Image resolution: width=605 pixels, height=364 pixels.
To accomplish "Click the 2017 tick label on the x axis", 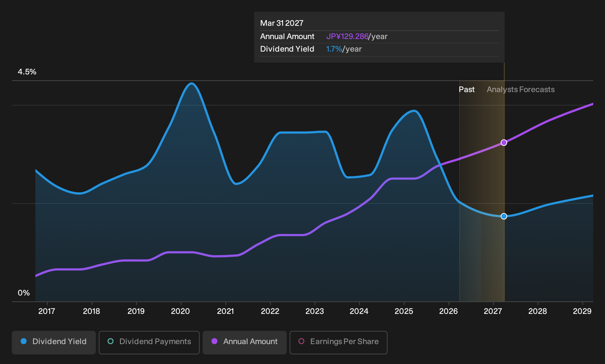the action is tap(46, 311).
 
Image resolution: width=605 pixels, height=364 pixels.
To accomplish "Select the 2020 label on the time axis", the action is tap(181, 311).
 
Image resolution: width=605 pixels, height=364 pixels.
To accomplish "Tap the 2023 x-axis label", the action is tap(314, 311).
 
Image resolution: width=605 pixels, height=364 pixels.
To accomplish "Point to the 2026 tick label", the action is tap(448, 311).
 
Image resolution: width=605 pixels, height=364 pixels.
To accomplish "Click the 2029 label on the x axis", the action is tap(582, 311).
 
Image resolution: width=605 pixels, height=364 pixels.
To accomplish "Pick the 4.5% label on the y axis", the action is tap(27, 72).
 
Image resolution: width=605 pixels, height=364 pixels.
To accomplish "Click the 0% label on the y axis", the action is tap(24, 293).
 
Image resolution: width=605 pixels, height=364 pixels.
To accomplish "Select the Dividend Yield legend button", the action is tap(54, 342).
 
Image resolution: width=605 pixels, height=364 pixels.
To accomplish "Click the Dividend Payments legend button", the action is tap(149, 342).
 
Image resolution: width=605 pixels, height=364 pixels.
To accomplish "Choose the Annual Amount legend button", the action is tap(244, 342).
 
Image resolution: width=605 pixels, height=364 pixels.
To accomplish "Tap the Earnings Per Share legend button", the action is tap(338, 342).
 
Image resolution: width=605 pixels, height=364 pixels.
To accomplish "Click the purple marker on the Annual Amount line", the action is tap(504, 143).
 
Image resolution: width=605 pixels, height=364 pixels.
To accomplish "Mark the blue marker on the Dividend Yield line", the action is tap(504, 216).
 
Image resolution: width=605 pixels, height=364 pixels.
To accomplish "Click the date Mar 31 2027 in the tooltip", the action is tap(282, 23).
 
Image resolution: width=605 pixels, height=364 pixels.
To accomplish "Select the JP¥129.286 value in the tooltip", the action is tap(347, 36).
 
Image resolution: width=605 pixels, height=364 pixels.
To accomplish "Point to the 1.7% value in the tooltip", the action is tap(334, 49).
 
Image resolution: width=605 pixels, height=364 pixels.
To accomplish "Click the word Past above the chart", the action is tap(466, 90).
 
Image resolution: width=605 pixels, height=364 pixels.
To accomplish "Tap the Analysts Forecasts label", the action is tap(521, 90).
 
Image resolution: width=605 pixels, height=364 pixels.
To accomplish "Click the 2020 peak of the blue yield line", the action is tap(192, 84).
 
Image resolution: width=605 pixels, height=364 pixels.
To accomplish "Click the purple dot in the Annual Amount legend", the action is tap(214, 341).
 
